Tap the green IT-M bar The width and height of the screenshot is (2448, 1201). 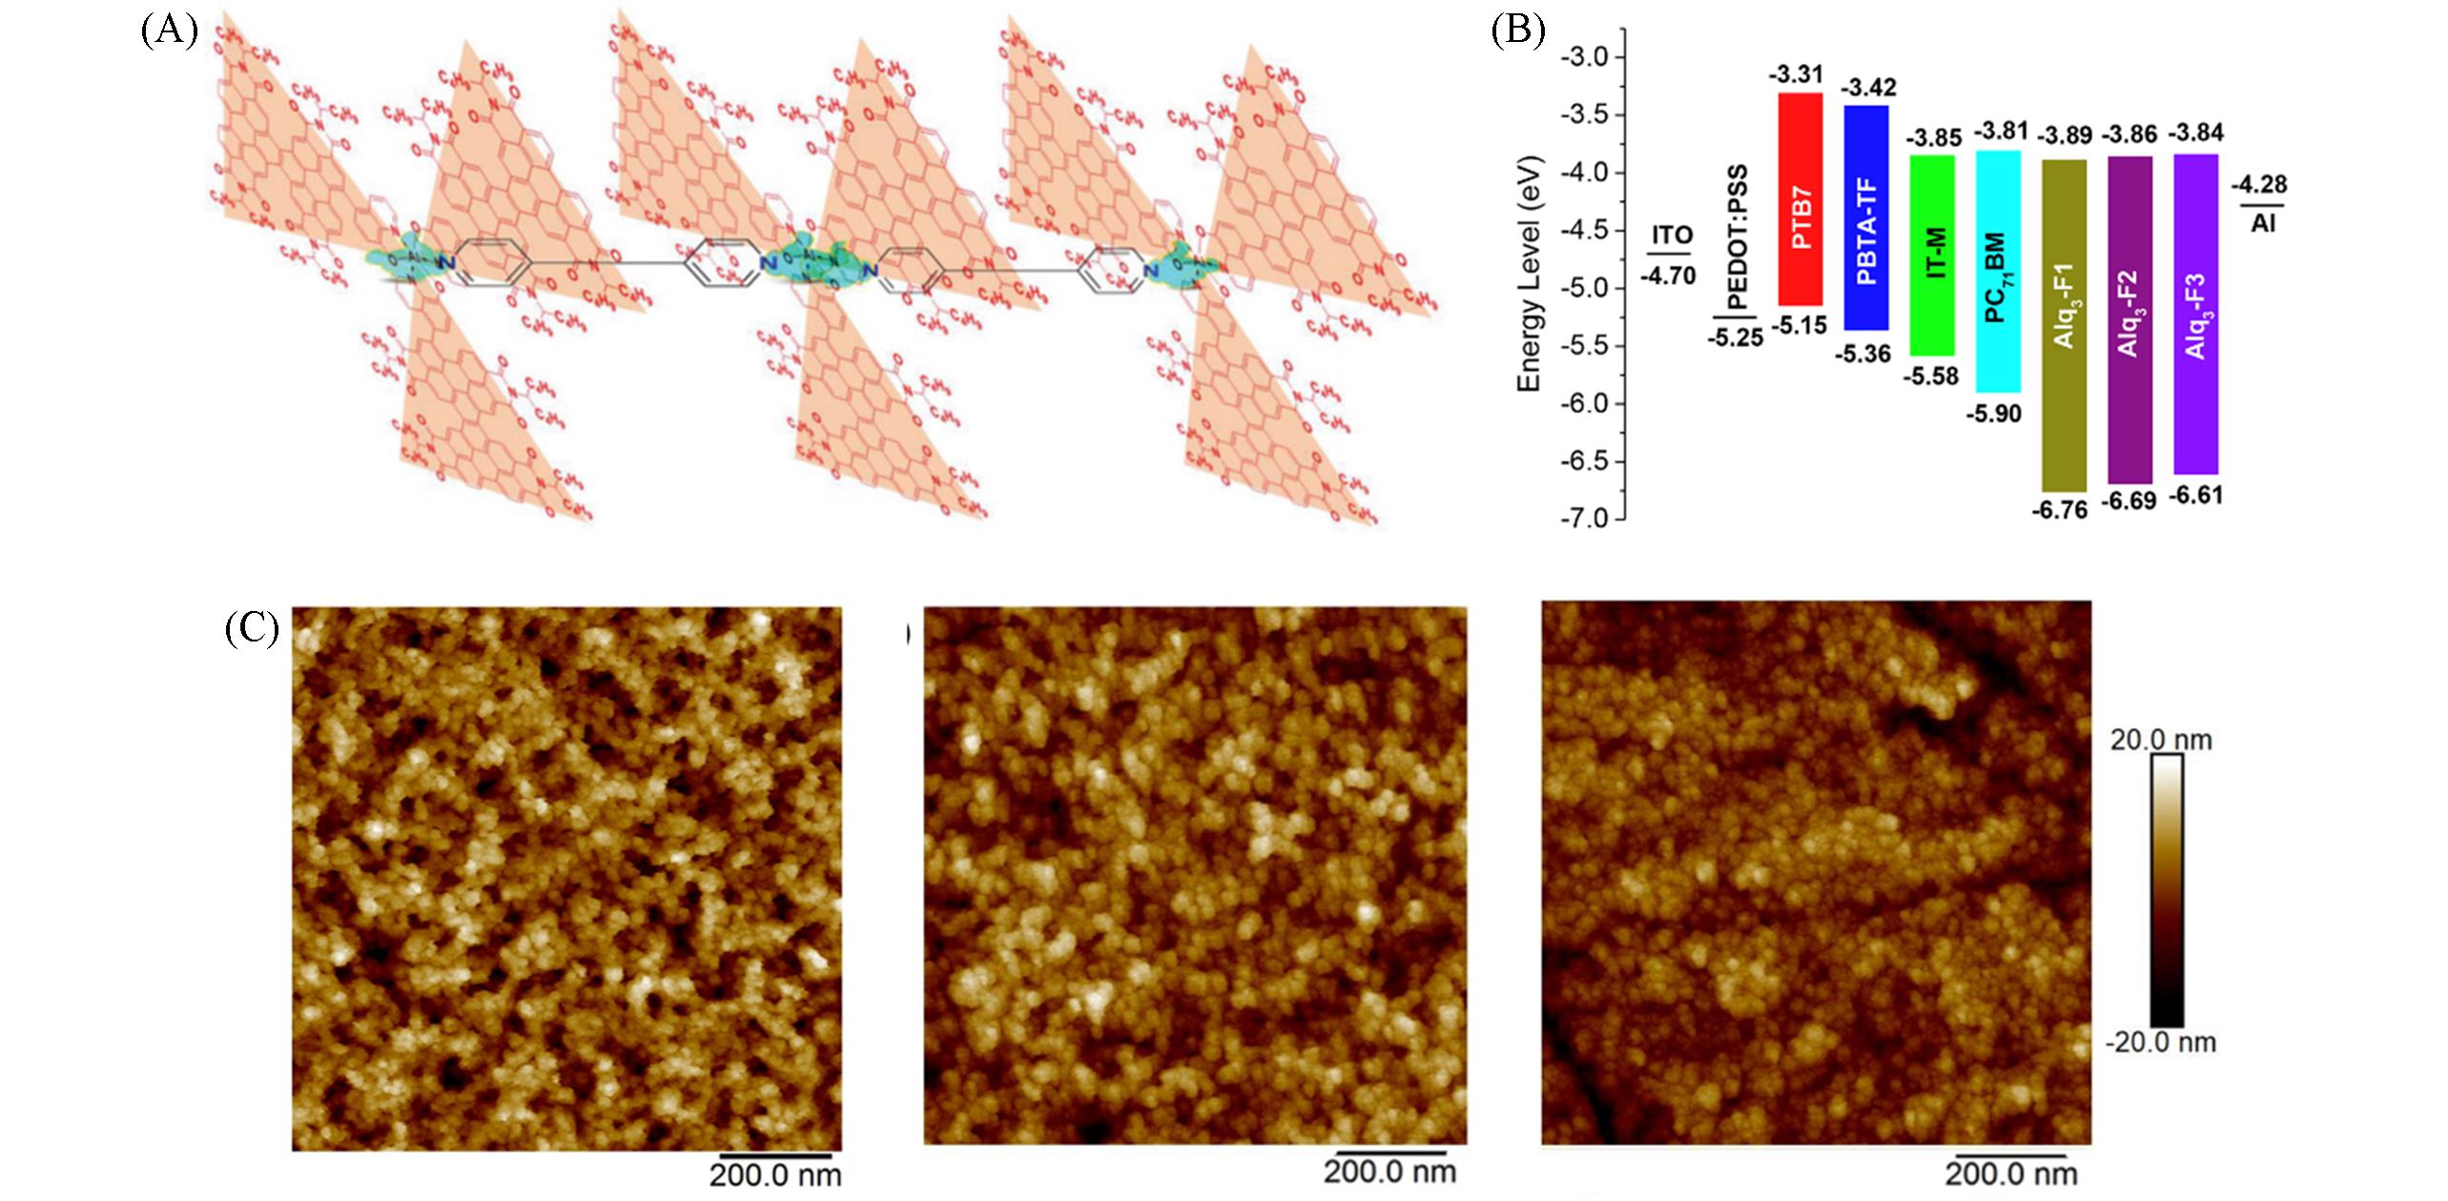click(x=1932, y=254)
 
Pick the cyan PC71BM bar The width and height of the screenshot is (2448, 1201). click(x=1998, y=272)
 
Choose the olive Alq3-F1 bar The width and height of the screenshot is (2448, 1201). click(x=2064, y=324)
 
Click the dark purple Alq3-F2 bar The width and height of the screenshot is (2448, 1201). click(x=2129, y=319)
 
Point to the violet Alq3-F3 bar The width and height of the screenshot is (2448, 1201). click(x=2195, y=314)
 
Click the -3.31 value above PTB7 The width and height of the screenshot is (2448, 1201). click(x=1796, y=74)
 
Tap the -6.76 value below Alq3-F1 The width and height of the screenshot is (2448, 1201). click(x=2059, y=510)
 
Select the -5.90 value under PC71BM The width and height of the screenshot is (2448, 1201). click(x=1993, y=414)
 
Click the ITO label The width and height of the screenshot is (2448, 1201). click(x=1672, y=234)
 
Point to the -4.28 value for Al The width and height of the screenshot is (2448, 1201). click(x=2259, y=184)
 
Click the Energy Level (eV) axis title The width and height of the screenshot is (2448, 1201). click(x=1529, y=274)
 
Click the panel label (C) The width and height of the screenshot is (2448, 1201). click(x=252, y=628)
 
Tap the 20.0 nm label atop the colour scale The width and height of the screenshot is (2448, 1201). click(x=2160, y=740)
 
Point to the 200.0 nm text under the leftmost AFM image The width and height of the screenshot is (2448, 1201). click(x=775, y=1175)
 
